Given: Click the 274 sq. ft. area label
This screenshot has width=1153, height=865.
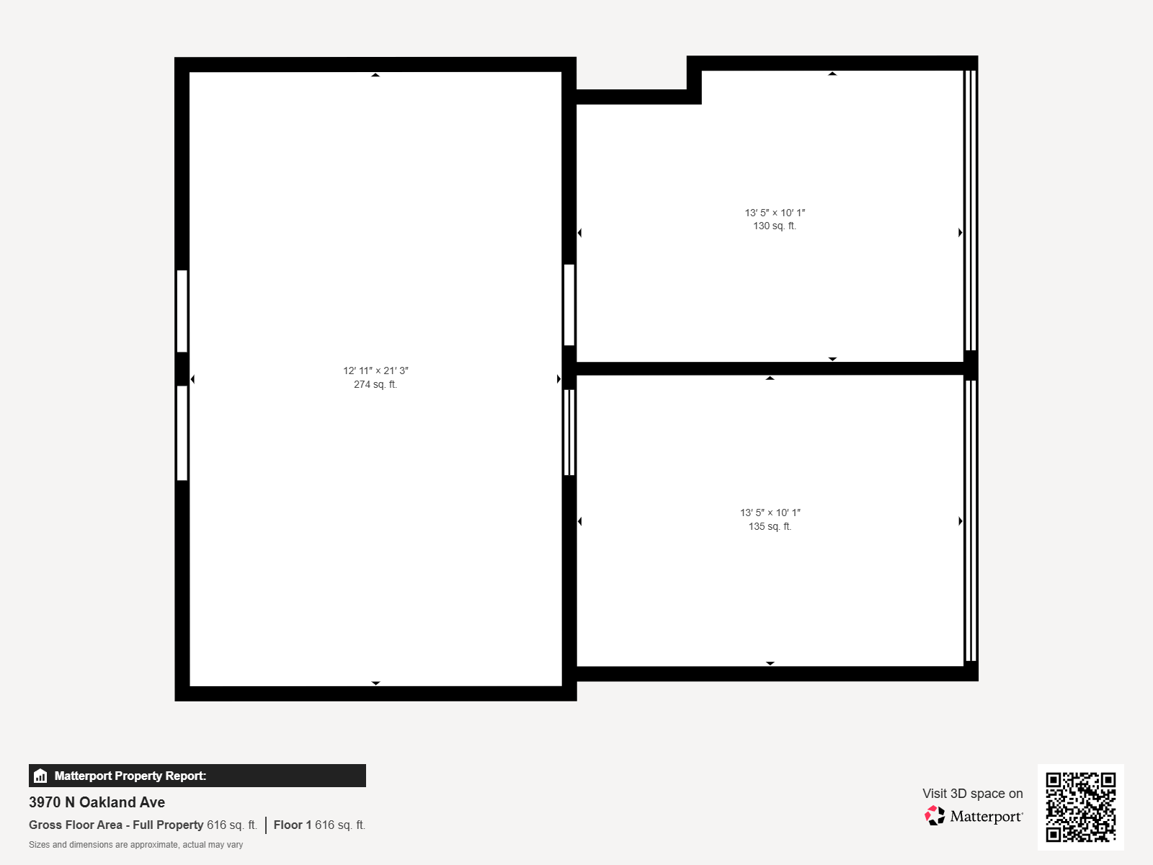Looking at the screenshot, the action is coord(375,384).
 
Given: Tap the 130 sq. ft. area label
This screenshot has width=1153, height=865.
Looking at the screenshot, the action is coord(774,226).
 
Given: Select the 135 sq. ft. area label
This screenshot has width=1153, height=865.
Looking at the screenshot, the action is coord(770,526).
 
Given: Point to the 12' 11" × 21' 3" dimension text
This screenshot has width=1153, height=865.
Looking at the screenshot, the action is coord(375,371).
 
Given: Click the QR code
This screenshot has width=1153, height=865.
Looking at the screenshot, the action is coord(1080,807).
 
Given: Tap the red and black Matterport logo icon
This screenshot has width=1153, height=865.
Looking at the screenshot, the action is coord(935,816).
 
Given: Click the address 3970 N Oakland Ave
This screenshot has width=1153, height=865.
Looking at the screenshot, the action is coord(97,802).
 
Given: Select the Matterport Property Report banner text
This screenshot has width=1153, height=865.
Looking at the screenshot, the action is coord(130,776).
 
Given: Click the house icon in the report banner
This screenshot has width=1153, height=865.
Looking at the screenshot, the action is coord(40,776).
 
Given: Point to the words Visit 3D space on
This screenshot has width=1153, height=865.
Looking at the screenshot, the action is coord(972,794).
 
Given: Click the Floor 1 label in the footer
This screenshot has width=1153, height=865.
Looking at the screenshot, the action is coord(292,825).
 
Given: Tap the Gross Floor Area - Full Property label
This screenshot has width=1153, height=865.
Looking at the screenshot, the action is coord(116,825).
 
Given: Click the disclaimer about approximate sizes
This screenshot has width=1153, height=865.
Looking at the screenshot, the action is coord(135,845).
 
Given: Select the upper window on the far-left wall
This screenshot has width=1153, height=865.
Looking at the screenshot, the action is coord(182,311).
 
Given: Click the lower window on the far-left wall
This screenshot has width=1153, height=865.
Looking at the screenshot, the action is coord(182,432).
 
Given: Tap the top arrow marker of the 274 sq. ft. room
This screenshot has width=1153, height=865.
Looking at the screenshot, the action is coord(375,75).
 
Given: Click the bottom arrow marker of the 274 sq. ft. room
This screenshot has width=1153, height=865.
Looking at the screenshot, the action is coord(375,683).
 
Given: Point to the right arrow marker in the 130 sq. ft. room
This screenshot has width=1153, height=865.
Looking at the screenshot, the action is coord(960,233).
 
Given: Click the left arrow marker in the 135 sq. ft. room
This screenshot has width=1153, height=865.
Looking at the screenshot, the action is coord(580,521).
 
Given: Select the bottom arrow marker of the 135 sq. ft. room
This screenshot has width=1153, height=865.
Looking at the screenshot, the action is coord(770,663).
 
